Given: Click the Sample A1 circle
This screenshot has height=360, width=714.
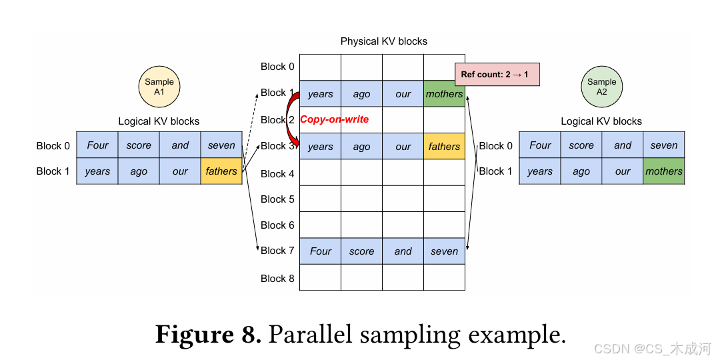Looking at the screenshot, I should click(159, 87).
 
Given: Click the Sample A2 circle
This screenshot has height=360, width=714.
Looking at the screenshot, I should click(601, 87).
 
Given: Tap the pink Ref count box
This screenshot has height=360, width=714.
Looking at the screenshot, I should click(496, 74).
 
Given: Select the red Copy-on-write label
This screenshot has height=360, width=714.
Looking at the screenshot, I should click(334, 119).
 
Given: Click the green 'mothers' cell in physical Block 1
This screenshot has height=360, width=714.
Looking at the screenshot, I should click(444, 94).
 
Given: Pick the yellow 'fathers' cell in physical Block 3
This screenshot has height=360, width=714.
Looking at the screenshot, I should click(444, 147).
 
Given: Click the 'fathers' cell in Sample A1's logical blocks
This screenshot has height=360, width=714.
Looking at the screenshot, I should click(221, 171).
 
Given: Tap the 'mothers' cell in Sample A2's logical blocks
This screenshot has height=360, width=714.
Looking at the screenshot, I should click(664, 171).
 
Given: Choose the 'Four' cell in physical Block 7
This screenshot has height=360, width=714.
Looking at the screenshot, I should click(320, 251).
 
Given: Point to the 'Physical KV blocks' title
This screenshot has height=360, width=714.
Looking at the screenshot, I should click(383, 41).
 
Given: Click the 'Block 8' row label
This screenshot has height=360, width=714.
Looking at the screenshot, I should click(277, 278).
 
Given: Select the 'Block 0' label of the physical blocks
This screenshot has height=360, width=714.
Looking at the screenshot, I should click(277, 67).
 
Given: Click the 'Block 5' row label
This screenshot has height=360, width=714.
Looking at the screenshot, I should click(277, 199).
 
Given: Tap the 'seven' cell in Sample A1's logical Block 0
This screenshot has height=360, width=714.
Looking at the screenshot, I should click(221, 145).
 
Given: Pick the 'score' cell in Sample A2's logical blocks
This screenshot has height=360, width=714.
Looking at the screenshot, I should click(581, 145).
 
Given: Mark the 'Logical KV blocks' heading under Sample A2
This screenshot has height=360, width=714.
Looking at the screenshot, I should click(601, 121).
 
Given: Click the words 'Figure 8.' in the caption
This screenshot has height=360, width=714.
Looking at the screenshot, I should click(208, 333).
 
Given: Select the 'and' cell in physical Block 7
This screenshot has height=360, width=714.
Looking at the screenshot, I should click(403, 251).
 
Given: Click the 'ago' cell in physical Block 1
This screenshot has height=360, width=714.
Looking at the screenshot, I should click(361, 94).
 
